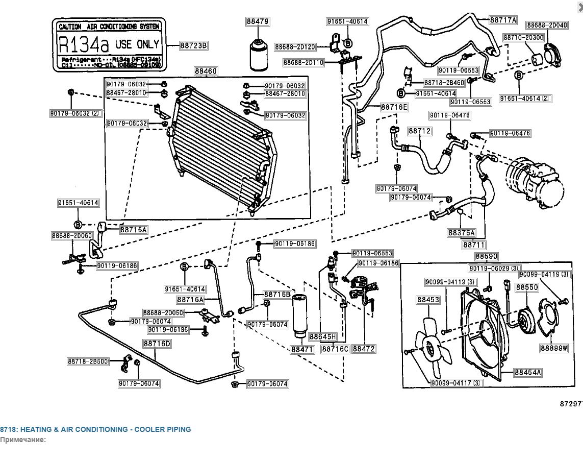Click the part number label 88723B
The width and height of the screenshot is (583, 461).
tap(194, 45)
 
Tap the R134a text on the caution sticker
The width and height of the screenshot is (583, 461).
tap(84, 44)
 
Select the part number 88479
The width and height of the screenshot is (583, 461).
tap(258, 22)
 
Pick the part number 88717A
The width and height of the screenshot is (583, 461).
tap(503, 20)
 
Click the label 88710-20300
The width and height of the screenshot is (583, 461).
tap(523, 37)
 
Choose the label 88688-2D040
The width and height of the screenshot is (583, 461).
tap(547, 25)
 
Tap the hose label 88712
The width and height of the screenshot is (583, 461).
tap(419, 131)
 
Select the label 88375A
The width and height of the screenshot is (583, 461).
tap(462, 233)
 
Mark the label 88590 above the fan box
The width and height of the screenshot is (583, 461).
tap(487, 256)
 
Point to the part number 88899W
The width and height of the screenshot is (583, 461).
tap(554, 348)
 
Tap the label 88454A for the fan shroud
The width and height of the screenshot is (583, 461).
tap(527, 373)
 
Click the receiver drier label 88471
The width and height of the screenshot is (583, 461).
tap(302, 349)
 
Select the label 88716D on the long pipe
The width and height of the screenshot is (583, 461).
tap(157, 344)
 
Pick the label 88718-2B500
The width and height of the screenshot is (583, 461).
tap(88, 361)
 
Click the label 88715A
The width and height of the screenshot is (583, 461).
tap(133, 230)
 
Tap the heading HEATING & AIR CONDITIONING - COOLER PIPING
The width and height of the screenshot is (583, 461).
tap(95, 429)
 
